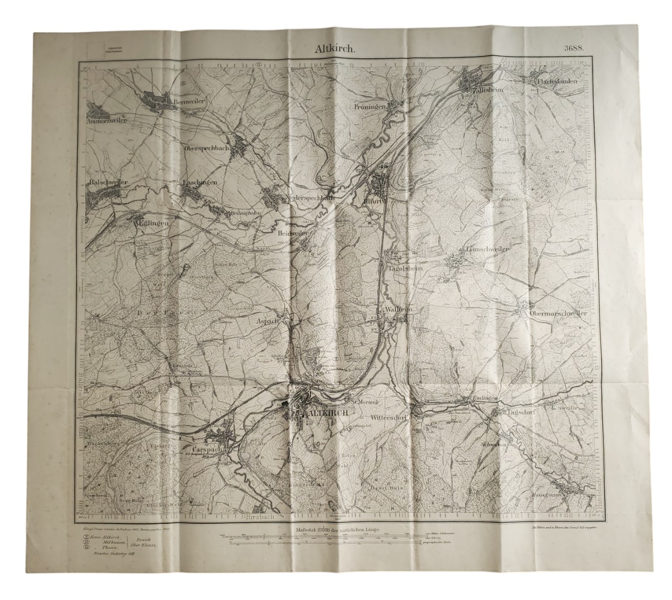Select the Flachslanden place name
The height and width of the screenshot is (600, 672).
click(558, 82)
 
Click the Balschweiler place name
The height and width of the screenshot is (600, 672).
click(109, 182)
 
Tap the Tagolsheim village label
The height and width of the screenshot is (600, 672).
click(405, 268)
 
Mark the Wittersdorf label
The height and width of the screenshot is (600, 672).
click(390, 419)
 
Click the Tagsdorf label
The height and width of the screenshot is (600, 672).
click(521, 413)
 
